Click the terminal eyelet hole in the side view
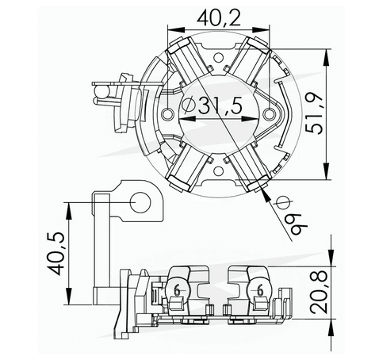coord(144,202)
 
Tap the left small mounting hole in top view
coord(166,114)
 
